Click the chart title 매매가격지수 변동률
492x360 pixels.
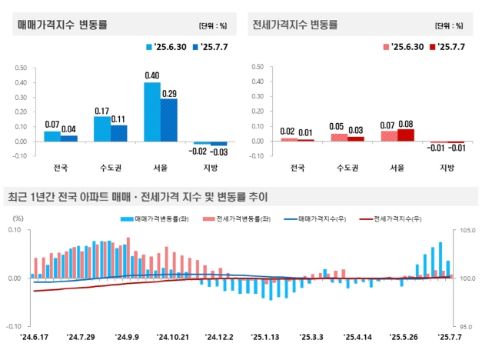(63, 25)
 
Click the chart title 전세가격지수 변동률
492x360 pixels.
(295, 25)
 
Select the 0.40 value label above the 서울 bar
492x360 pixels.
(151, 75)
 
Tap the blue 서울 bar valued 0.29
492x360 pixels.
(169, 120)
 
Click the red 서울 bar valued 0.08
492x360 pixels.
(405, 135)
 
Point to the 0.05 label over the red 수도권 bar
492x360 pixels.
(337, 126)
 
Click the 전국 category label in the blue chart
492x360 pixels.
(60, 168)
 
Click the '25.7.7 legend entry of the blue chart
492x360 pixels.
(211, 48)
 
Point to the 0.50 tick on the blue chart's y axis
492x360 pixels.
(21, 67)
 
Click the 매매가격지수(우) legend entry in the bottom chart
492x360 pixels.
(316, 219)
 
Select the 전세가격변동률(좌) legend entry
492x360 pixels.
(234, 219)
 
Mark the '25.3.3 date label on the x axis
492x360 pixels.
(311, 337)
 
